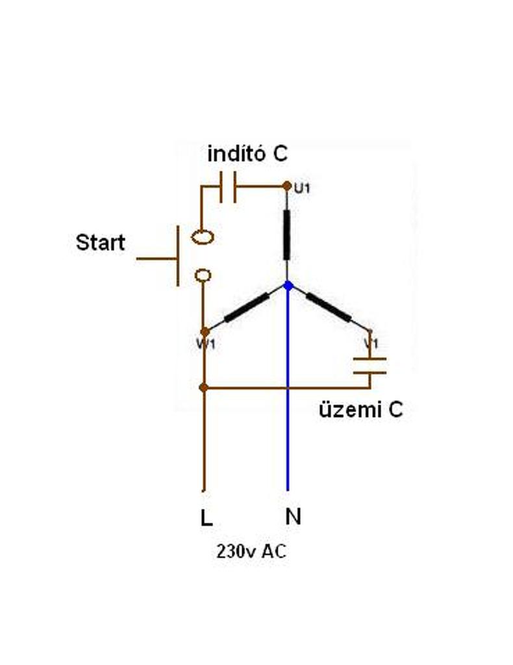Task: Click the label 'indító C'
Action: point(247,155)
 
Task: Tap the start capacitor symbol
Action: point(228,186)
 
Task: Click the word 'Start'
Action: point(100,243)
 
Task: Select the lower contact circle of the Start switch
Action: point(203,275)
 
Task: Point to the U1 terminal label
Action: point(302,189)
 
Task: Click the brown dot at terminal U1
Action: point(287,186)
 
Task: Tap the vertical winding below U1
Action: point(287,235)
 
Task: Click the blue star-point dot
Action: point(288,285)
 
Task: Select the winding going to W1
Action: point(247,307)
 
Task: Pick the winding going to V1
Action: point(329,307)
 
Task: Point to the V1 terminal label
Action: point(370,342)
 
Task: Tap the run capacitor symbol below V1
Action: point(369,366)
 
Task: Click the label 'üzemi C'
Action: point(360,410)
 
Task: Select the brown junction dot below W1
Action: point(203,388)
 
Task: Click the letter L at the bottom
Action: point(206,518)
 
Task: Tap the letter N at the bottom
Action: point(293,516)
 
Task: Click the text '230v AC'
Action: point(251,552)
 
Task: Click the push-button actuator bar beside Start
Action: point(177,256)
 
